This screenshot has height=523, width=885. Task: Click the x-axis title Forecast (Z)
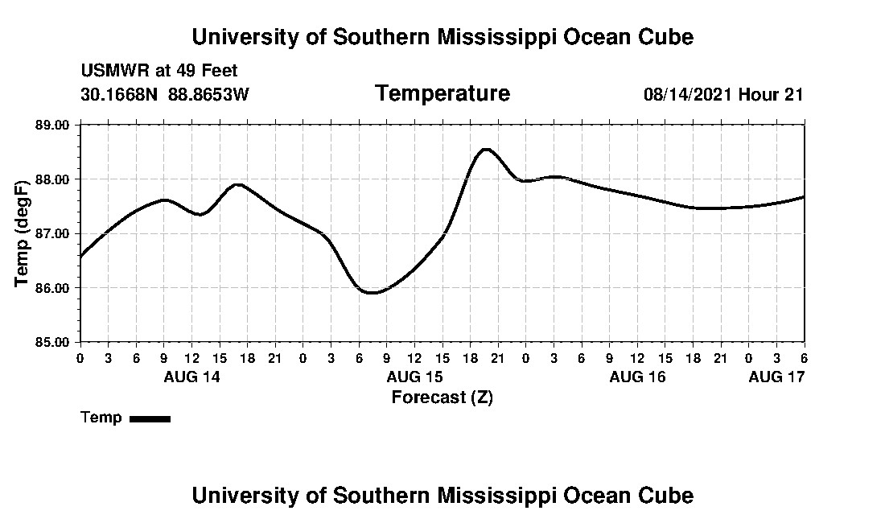[x=442, y=397]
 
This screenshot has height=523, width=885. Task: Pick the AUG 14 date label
[x=191, y=377]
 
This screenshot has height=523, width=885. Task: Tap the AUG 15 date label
[x=414, y=377]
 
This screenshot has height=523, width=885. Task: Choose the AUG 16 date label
[x=637, y=377]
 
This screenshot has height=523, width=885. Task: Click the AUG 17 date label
[x=776, y=377]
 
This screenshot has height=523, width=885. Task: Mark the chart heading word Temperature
[x=442, y=93]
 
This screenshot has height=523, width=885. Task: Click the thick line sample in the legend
[x=150, y=418]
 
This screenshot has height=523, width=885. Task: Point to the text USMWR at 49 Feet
[x=159, y=71]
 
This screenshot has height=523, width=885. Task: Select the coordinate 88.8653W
[x=208, y=94]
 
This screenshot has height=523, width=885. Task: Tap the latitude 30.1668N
[x=121, y=94]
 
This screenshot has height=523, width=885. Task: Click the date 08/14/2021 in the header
[x=687, y=94]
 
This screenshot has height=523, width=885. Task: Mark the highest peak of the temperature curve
[x=485, y=149]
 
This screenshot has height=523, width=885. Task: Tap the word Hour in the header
[x=758, y=94]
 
